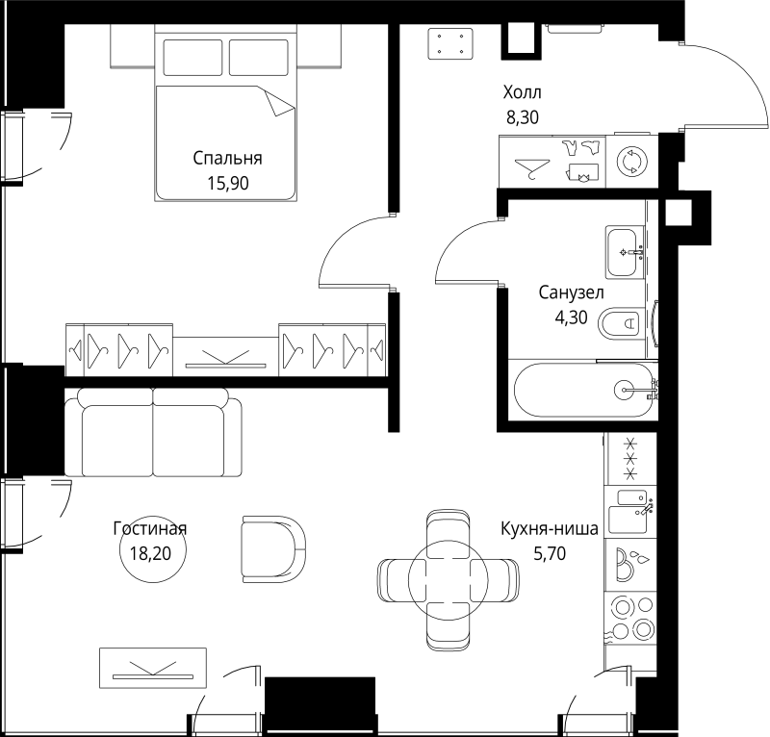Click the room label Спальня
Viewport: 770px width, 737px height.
227,159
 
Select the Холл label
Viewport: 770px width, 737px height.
523,93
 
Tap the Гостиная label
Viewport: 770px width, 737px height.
149,528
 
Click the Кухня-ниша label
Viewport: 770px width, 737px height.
550,528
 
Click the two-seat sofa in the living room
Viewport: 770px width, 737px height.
153,433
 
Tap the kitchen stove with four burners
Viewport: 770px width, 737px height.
630,619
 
